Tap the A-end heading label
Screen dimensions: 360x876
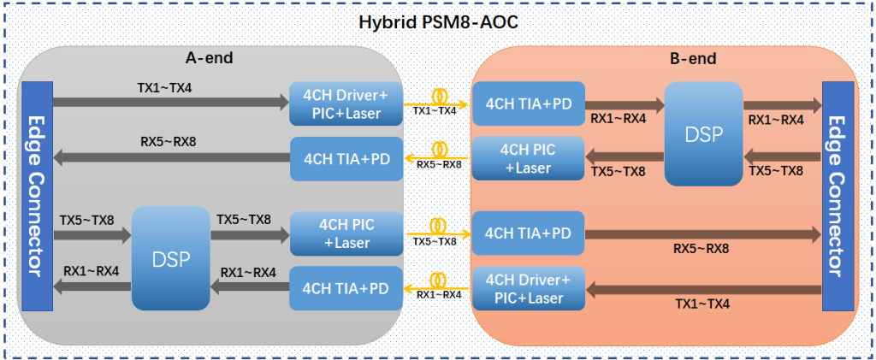[210, 58]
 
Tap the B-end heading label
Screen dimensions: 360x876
[692, 59]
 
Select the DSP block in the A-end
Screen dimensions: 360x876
[170, 257]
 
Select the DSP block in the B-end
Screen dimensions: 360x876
[703, 133]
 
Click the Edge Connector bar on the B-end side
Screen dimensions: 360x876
[838, 196]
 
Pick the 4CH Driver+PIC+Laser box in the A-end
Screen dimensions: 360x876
[346, 103]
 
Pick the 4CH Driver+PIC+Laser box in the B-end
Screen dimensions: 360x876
[527, 288]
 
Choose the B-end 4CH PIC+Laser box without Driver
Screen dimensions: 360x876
[527, 158]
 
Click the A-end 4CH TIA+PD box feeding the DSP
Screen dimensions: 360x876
[346, 288]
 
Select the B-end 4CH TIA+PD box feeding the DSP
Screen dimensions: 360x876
[527, 103]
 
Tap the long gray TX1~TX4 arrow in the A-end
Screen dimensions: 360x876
[171, 103]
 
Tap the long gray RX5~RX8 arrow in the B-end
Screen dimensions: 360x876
[701, 233]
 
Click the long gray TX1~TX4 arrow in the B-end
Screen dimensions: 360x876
[701, 290]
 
